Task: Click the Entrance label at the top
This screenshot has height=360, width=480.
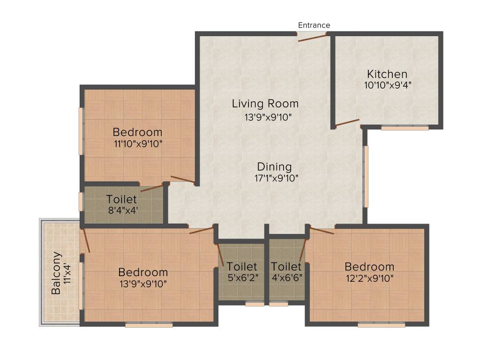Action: (314, 25)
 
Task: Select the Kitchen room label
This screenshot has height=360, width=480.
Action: (387, 74)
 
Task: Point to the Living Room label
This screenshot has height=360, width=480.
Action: (265, 104)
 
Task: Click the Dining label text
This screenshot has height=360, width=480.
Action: (274, 167)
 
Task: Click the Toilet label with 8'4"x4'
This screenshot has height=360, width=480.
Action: (121, 198)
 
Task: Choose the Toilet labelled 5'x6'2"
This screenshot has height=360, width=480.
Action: (242, 267)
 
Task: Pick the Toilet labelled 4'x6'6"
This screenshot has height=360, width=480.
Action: (286, 267)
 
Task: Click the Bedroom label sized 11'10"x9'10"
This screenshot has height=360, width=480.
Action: (137, 132)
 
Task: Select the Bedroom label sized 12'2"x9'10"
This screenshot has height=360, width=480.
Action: (369, 267)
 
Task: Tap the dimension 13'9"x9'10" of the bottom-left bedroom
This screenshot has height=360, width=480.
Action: (143, 283)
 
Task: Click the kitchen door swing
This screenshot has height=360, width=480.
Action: (347, 123)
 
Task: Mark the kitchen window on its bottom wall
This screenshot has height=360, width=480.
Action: (405, 127)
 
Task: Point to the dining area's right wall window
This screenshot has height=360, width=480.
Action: (366, 176)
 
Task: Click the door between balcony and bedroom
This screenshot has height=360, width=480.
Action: (85, 240)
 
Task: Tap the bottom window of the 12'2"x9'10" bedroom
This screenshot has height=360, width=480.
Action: (381, 324)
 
